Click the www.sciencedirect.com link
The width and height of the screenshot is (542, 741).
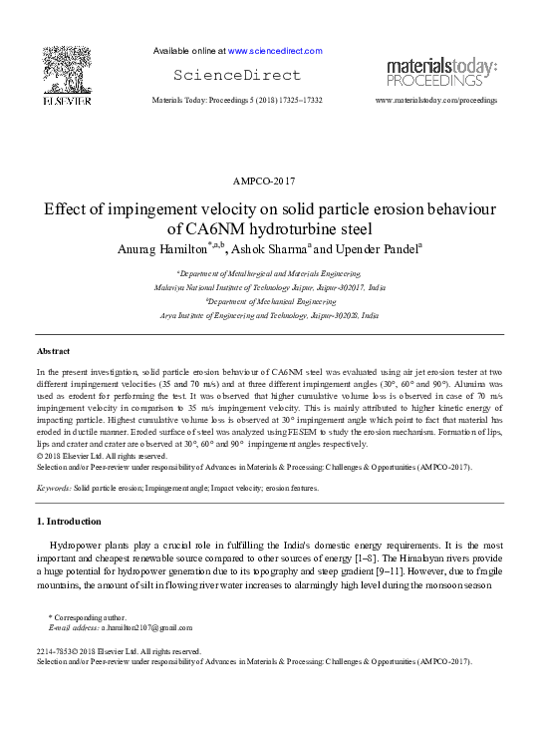coord(275,50)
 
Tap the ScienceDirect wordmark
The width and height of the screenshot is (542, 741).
coord(236,75)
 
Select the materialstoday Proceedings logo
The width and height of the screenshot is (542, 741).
coord(440,72)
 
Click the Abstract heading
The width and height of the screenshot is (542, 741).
coord(53,352)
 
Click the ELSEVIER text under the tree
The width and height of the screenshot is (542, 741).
coord(66,100)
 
